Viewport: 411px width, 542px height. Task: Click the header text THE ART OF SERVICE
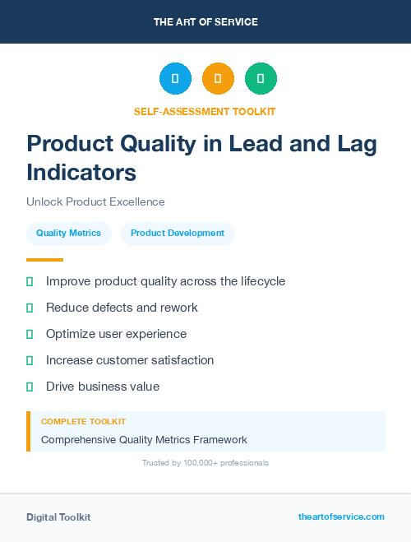click(x=205, y=22)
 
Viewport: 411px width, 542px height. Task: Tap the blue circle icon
click(x=175, y=79)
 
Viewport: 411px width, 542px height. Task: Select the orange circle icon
click(x=218, y=79)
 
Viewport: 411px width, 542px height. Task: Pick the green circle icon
click(x=261, y=79)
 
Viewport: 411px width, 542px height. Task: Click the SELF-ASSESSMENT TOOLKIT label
click(x=205, y=111)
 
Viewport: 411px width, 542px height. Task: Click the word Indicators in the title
click(x=81, y=173)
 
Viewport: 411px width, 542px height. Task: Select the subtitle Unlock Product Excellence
click(x=95, y=202)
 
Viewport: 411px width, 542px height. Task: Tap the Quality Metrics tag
click(x=68, y=234)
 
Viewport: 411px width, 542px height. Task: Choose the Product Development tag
click(x=178, y=234)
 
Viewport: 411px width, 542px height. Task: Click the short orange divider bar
click(x=44, y=260)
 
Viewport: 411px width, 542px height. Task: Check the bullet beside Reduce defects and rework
click(x=30, y=308)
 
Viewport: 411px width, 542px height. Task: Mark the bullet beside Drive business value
click(x=30, y=387)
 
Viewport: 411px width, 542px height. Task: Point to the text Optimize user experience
click(x=116, y=334)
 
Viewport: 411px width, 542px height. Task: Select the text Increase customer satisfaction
click(x=130, y=360)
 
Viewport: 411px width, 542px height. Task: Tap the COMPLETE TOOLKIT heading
click(x=83, y=421)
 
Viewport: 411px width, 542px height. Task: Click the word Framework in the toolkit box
click(x=218, y=439)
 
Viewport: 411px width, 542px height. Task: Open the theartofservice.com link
click(x=341, y=517)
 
